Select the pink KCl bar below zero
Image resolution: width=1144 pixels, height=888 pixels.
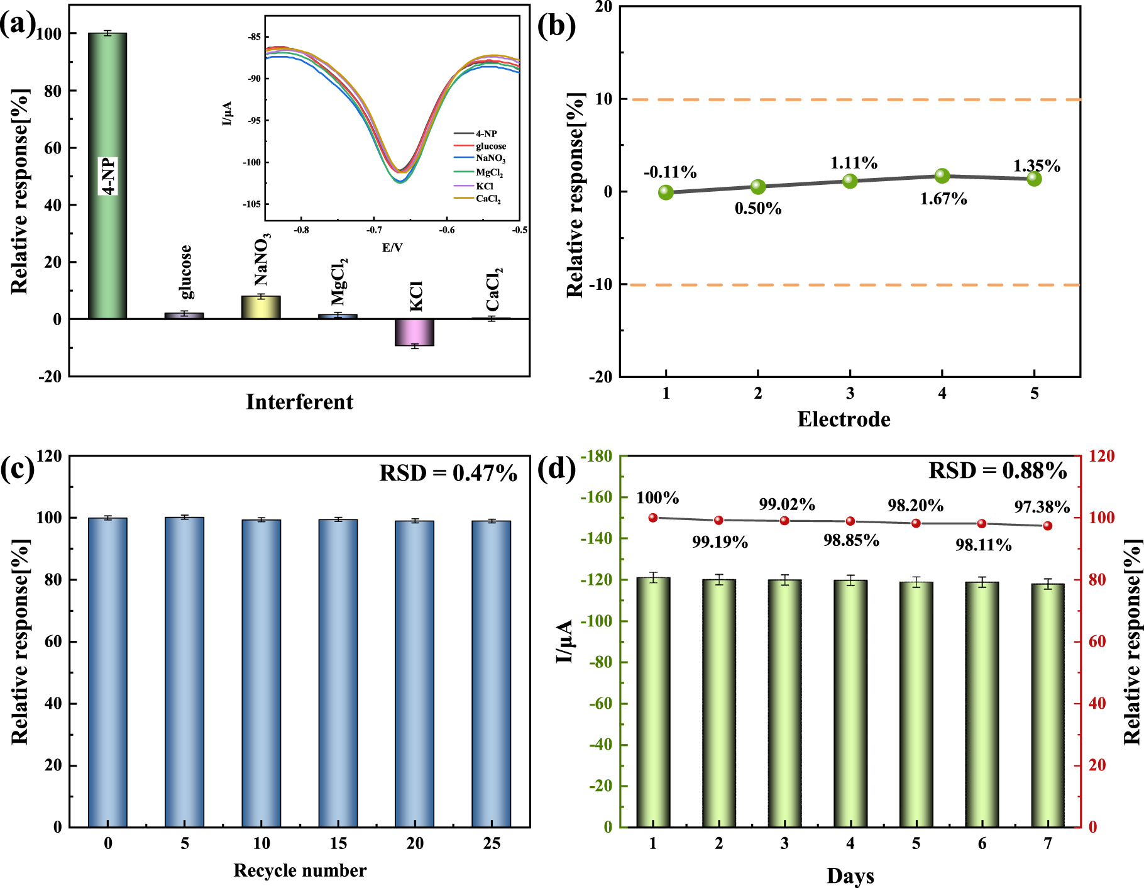point(414,333)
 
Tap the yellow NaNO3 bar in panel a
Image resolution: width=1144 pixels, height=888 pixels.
point(261,308)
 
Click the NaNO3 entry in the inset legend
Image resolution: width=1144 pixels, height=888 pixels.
point(490,158)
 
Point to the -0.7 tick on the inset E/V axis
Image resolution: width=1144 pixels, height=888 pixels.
point(374,230)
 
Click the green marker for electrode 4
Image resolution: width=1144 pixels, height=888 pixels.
point(942,175)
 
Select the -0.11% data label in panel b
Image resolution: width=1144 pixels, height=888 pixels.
point(670,172)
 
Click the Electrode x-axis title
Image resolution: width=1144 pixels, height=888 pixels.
point(844,419)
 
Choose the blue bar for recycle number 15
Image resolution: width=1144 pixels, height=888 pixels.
point(338,673)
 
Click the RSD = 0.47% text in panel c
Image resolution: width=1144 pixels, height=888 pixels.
point(448,473)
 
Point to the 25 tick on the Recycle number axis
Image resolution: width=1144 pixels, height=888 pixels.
point(492,843)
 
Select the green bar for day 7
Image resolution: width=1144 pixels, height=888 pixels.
point(1048,704)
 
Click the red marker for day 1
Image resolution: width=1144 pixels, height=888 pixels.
point(653,518)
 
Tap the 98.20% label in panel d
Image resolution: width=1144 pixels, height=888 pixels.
point(915,506)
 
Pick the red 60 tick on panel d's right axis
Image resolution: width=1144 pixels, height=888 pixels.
point(1097,641)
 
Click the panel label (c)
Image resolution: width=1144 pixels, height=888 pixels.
point(17,469)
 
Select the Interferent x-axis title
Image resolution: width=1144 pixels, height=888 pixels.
point(299,402)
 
